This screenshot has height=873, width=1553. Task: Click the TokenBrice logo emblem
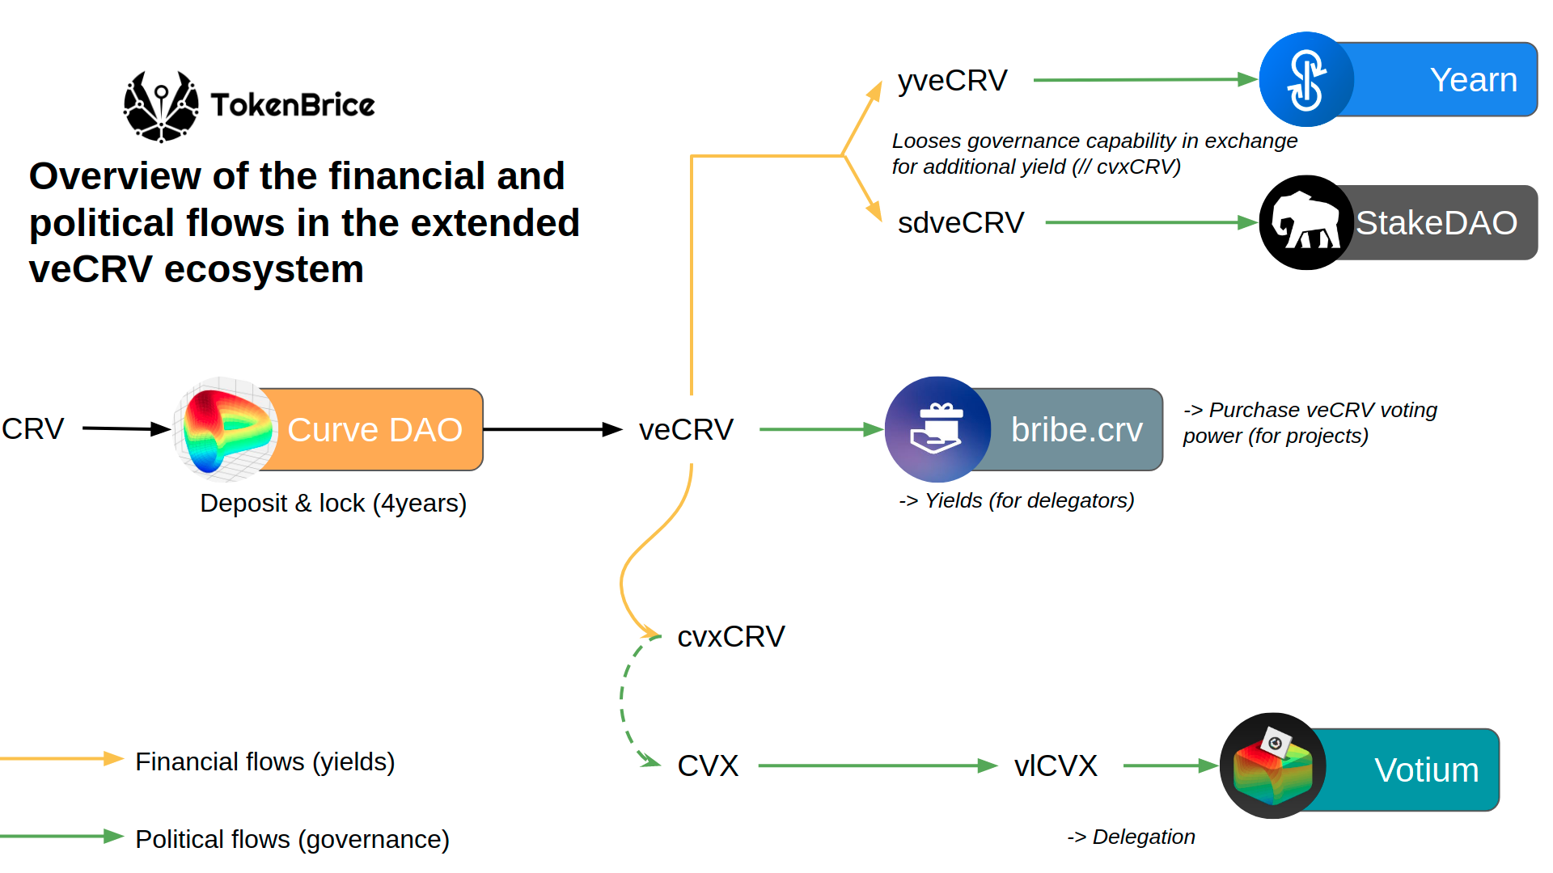161,106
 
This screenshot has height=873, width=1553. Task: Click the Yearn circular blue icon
1306,79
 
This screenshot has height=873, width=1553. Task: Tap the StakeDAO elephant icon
1305,222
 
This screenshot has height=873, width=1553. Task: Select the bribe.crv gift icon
937,429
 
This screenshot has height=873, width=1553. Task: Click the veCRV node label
686,429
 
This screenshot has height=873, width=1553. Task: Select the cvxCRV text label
730,636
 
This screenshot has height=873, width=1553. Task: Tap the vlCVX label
1056,765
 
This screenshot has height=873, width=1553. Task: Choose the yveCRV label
952,80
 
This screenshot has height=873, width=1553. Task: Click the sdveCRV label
960,222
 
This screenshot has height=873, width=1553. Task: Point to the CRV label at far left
32,428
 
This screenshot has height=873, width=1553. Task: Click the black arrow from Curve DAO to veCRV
550,429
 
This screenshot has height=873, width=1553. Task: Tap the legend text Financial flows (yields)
264,761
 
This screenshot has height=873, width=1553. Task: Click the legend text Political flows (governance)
292,839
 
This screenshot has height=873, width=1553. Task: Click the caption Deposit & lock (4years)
332,503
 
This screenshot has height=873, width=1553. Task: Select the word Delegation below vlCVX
1143,837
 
